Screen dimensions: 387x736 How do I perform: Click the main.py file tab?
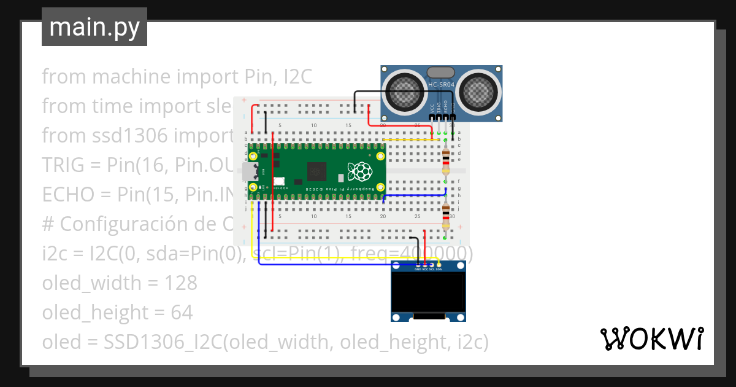click(94, 28)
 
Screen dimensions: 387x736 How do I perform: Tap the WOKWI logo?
click(651, 339)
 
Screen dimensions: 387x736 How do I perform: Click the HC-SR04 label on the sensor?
click(441, 84)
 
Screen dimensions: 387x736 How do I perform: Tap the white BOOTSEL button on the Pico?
click(280, 181)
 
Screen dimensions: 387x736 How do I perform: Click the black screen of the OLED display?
click(428, 292)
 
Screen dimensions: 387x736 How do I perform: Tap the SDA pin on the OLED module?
click(439, 265)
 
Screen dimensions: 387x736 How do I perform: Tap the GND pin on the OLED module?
click(418, 265)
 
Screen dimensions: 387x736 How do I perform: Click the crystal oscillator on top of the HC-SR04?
click(441, 72)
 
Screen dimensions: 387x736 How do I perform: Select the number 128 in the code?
click(182, 283)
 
